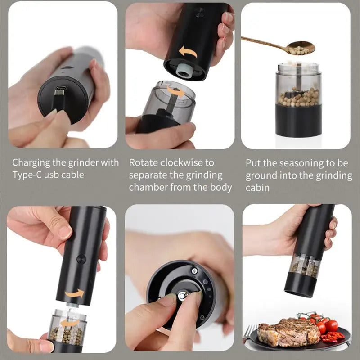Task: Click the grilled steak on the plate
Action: [x=282, y=331]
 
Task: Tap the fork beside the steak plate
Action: [x=249, y=332]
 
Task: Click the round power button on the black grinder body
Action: [x=81, y=259]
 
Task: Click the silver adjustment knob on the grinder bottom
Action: [x=183, y=296]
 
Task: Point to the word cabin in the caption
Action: [x=257, y=187]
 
